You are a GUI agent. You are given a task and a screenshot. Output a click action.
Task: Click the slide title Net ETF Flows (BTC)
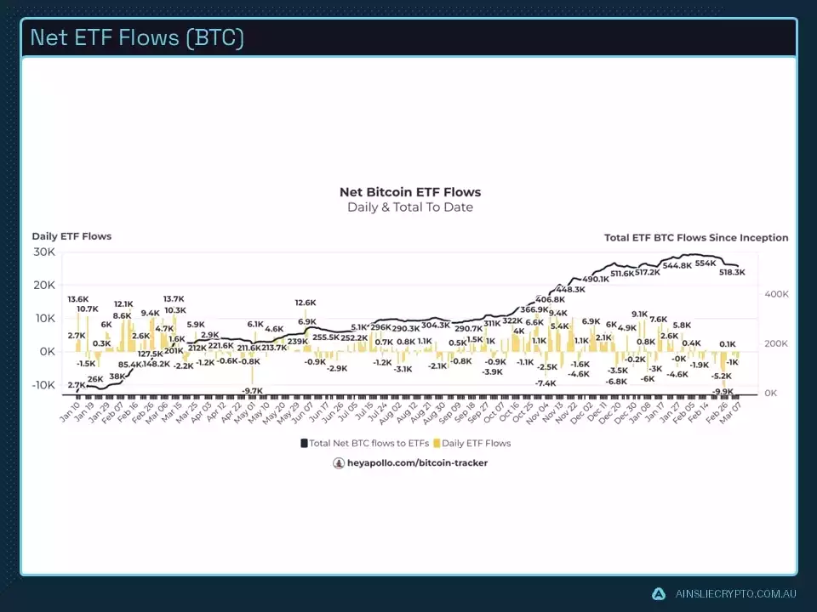point(137,38)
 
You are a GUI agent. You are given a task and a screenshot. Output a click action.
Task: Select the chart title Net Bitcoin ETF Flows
point(410,192)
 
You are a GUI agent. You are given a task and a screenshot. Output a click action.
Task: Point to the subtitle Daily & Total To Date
point(410,207)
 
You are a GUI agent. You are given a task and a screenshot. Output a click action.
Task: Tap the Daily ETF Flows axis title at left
point(71,236)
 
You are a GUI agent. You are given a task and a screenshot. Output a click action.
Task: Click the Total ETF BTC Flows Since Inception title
point(696,238)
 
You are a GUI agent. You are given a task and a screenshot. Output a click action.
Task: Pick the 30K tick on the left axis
point(44,252)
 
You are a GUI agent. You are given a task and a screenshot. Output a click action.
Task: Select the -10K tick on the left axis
point(42,385)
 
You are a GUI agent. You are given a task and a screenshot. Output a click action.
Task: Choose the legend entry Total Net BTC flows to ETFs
point(366,443)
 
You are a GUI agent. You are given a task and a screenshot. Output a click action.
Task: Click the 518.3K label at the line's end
point(732,273)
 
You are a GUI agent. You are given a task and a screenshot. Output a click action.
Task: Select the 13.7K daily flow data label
point(174,299)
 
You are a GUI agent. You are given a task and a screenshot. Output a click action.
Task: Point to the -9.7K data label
point(252,391)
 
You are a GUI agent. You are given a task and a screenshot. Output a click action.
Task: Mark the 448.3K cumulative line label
point(570,290)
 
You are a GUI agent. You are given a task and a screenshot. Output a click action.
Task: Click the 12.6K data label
point(306,303)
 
